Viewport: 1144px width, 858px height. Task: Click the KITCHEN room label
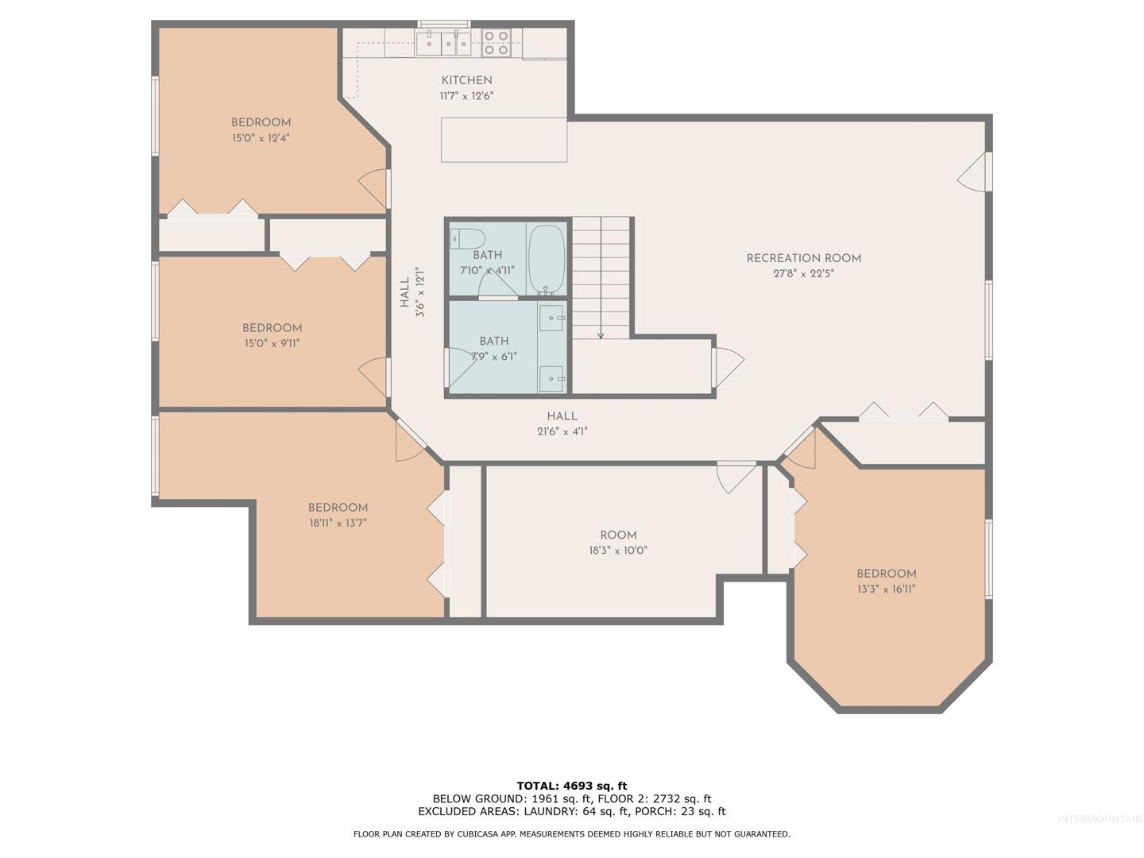pyautogui.click(x=466, y=80)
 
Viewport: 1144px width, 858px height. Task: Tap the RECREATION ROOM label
pyautogui.click(x=803, y=258)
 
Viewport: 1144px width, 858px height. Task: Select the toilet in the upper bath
pyautogui.click(x=467, y=239)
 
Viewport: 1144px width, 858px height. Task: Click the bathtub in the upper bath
pyautogui.click(x=547, y=260)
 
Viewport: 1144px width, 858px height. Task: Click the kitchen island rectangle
pyautogui.click(x=504, y=140)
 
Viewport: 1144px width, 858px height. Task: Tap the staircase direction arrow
pyautogui.click(x=601, y=278)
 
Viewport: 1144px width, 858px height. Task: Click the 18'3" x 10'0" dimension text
pyautogui.click(x=618, y=550)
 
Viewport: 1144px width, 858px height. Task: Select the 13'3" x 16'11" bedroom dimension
pyautogui.click(x=886, y=589)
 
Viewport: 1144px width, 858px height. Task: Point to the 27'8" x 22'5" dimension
pyautogui.click(x=803, y=273)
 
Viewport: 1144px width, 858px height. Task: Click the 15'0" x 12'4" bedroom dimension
pyautogui.click(x=261, y=138)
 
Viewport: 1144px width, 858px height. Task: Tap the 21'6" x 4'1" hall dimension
pyautogui.click(x=562, y=431)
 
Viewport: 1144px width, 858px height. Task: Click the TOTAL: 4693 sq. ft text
pyautogui.click(x=572, y=786)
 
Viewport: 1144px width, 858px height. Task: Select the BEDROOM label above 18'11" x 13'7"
pyautogui.click(x=338, y=508)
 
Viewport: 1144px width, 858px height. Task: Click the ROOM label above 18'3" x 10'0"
pyautogui.click(x=618, y=535)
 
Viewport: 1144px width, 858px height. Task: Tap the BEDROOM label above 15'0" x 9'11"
pyautogui.click(x=272, y=327)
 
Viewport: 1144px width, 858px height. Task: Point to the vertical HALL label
pyautogui.click(x=404, y=292)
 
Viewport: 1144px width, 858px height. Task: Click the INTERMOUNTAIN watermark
pyautogui.click(x=1100, y=819)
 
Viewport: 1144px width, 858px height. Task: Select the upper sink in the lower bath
pyautogui.click(x=551, y=318)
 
